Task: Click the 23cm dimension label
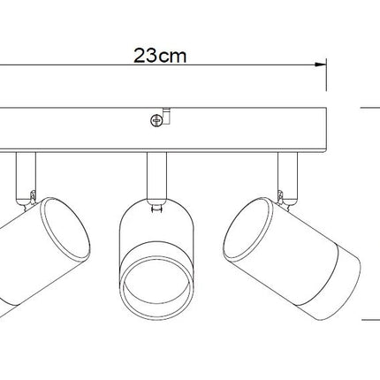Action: (x=160, y=56)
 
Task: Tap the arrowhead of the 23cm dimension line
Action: (x=320, y=65)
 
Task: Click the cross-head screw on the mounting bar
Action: (x=156, y=120)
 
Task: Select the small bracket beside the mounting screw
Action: (x=166, y=116)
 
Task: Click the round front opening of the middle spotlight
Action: (x=156, y=282)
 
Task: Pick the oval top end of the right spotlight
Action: (x=247, y=227)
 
